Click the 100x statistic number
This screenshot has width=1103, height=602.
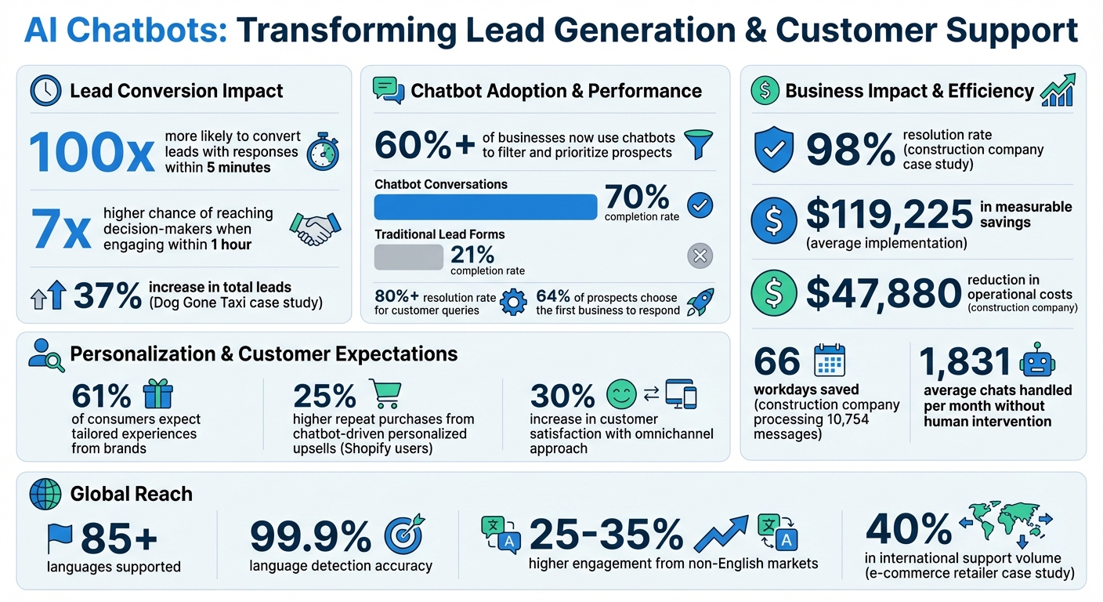[x=92, y=152]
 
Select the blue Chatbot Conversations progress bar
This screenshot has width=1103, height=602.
[x=486, y=207]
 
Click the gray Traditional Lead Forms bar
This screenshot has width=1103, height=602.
[x=409, y=256]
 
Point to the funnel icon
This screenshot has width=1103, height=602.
[x=699, y=145]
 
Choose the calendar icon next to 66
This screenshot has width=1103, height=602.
[x=830, y=361]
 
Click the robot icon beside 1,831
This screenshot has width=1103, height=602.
[x=1036, y=361]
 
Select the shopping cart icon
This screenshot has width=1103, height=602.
[x=384, y=394]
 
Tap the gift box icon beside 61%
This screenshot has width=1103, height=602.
[x=157, y=393]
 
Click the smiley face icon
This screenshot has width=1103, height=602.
[x=622, y=393]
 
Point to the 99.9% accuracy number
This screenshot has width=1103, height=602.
[x=310, y=537]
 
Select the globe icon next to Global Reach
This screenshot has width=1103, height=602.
[x=45, y=494]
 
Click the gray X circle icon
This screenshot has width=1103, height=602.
[x=699, y=256]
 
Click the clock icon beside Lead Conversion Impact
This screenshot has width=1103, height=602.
[x=45, y=91]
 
